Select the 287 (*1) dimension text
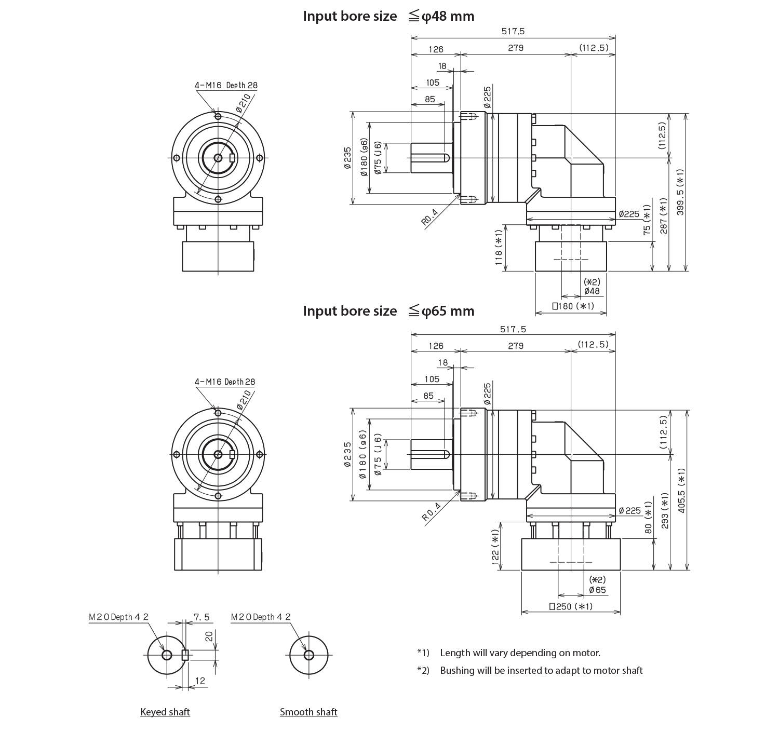(663, 216)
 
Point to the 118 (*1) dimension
(498, 250)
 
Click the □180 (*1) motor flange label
(571, 306)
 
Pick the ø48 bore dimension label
(592, 291)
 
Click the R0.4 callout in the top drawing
(432, 218)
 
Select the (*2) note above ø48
(592, 282)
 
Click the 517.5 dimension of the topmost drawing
(514, 31)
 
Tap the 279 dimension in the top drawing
(516, 48)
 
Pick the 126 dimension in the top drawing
(436, 49)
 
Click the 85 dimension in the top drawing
(429, 99)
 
